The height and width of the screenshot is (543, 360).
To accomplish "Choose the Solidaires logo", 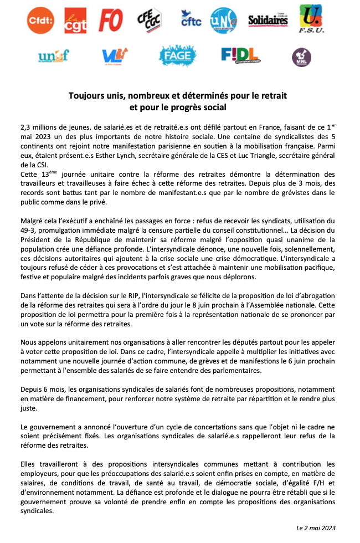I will point(268,21).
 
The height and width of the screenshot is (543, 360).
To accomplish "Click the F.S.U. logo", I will point(311,19).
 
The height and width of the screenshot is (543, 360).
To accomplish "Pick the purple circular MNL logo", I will point(301,57).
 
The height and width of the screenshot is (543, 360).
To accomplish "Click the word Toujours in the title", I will point(88,95).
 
